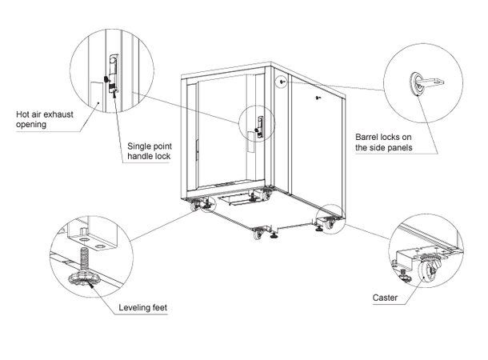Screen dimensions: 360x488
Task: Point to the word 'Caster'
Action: [386, 298]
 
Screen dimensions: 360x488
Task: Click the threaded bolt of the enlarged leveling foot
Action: [82, 259]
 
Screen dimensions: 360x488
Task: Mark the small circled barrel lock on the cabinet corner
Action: [282, 82]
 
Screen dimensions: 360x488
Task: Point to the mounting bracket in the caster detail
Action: [406, 258]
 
